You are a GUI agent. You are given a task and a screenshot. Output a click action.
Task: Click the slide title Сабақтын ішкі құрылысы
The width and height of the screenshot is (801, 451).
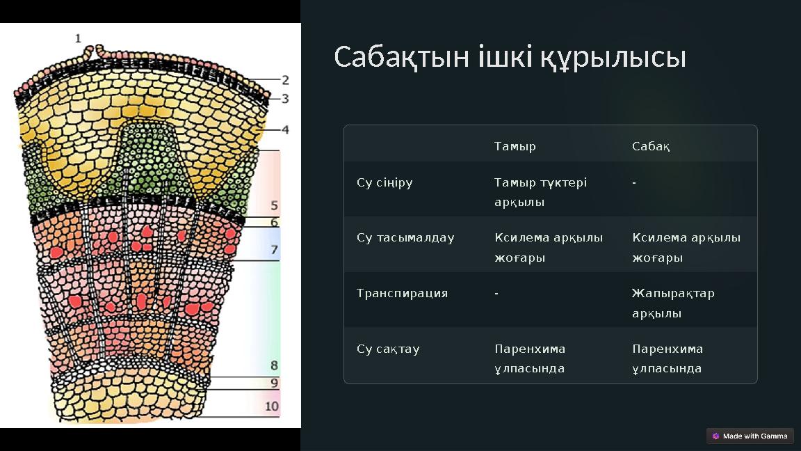pyautogui.click(x=510, y=57)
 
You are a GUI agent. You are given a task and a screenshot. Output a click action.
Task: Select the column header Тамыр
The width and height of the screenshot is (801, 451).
pyautogui.click(x=515, y=147)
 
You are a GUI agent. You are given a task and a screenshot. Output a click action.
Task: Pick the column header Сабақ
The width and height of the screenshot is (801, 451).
pyautogui.click(x=651, y=147)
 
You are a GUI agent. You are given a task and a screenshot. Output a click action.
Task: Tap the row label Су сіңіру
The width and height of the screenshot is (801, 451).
pyautogui.click(x=385, y=183)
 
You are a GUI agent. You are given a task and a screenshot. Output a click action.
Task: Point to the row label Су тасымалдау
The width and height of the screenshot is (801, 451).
pyautogui.click(x=405, y=238)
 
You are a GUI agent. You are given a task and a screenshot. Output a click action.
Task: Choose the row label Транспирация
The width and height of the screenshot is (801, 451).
pyautogui.click(x=402, y=294)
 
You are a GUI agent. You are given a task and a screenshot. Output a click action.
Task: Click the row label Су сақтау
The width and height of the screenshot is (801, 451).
pyautogui.click(x=388, y=349)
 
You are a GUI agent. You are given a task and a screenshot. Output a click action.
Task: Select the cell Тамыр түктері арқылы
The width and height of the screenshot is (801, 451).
pyautogui.click(x=540, y=192)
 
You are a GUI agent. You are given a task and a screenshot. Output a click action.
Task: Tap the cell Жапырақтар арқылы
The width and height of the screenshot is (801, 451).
pyautogui.click(x=672, y=303)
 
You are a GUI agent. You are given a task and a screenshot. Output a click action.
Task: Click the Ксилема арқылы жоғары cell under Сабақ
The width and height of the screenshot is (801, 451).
pyautogui.click(x=686, y=248)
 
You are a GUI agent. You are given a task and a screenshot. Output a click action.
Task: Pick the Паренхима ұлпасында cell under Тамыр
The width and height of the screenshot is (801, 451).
pyautogui.click(x=530, y=358)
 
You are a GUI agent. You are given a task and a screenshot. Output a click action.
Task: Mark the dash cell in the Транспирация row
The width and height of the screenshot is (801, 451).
pyautogui.click(x=496, y=294)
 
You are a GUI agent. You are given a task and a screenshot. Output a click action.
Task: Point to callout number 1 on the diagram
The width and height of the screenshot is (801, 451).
pyautogui.click(x=78, y=39)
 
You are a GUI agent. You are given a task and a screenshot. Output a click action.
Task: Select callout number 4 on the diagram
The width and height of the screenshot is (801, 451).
pyautogui.click(x=285, y=129)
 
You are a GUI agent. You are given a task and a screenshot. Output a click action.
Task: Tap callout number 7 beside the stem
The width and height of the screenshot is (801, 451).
pyautogui.click(x=275, y=250)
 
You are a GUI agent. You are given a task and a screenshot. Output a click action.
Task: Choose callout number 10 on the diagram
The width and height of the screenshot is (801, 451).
pyautogui.click(x=272, y=406)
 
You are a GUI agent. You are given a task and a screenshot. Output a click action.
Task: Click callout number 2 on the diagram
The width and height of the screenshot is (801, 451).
pyautogui.click(x=285, y=81)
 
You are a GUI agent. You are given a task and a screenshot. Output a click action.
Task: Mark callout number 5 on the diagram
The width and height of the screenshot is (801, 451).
pyautogui.click(x=275, y=206)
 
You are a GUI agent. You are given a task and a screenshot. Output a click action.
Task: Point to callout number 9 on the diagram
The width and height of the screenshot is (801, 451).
pyautogui.click(x=275, y=383)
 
